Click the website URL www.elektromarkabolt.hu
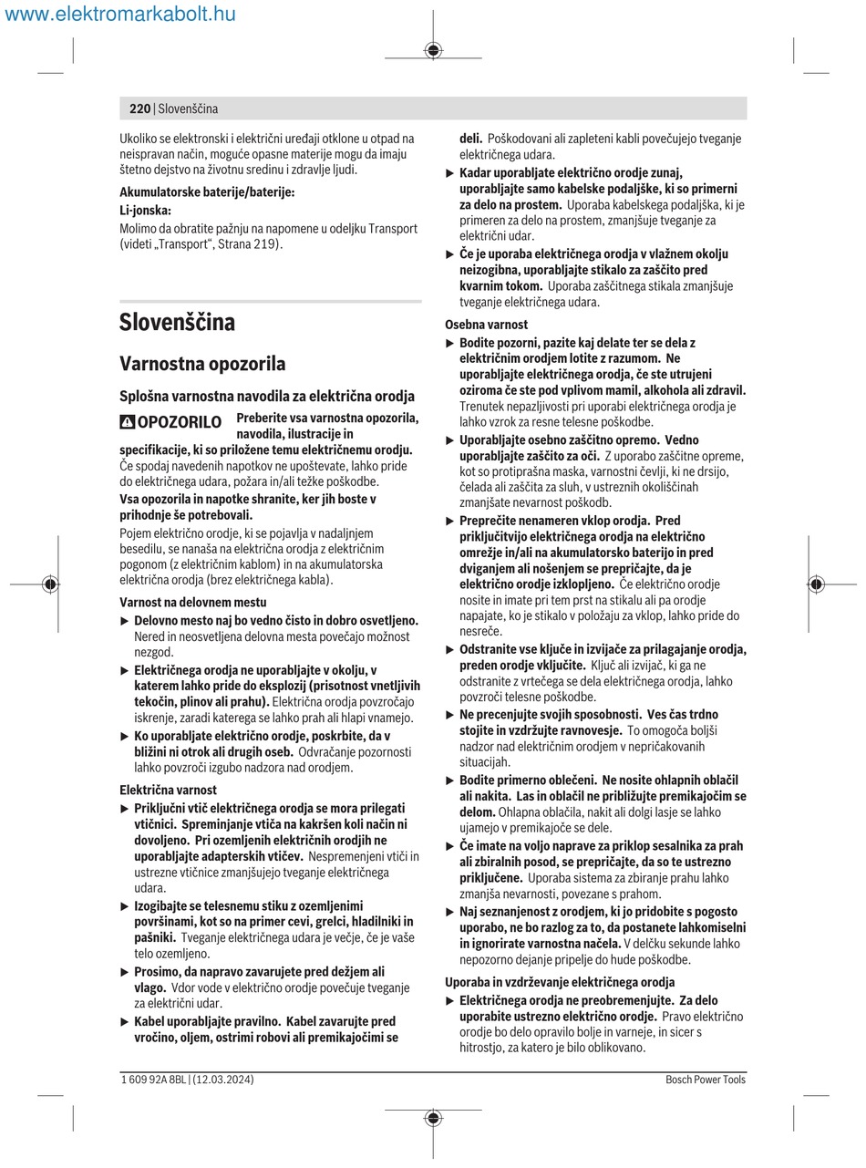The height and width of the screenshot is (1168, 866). click(120, 14)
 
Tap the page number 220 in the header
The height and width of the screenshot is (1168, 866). click(139, 109)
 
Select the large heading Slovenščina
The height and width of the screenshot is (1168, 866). click(177, 322)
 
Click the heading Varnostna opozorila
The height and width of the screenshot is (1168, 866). click(202, 364)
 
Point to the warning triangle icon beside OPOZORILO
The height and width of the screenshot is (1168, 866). click(128, 422)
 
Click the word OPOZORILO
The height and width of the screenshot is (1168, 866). click(179, 422)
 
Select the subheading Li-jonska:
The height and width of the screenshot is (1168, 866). click(145, 211)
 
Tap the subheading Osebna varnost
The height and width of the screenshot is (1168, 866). click(486, 325)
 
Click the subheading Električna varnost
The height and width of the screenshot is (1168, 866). click(169, 790)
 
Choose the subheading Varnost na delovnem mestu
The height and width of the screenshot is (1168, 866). click(193, 602)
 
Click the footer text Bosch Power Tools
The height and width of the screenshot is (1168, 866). click(706, 1080)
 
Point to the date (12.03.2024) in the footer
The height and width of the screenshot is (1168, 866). click(223, 1080)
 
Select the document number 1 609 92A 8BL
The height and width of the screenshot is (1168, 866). click(154, 1080)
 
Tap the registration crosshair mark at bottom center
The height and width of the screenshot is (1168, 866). click(433, 1118)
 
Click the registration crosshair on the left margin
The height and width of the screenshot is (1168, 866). click(50, 584)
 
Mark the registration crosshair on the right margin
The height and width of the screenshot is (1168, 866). click(816, 584)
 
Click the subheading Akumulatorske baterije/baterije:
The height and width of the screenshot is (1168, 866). click(208, 192)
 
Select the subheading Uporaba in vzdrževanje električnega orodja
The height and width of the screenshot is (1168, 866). click(560, 982)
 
